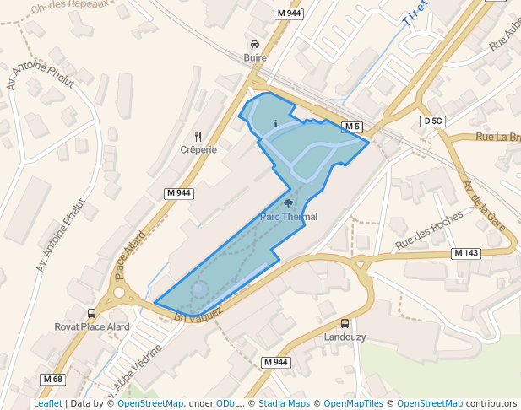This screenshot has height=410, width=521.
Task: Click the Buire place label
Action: point(255,58)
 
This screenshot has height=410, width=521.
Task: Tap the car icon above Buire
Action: point(255,44)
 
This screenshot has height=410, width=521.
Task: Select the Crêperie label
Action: point(198,149)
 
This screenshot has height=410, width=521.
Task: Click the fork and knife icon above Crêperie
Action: point(198,136)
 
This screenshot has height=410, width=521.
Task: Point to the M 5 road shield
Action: point(352,127)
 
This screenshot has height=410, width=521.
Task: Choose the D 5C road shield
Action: point(432,121)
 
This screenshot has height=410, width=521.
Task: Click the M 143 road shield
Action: point(465,253)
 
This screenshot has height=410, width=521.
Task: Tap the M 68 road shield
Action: point(52,379)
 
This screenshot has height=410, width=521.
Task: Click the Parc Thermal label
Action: point(289,217)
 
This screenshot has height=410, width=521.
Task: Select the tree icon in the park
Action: point(289,202)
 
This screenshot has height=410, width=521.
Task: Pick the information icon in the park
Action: point(276,124)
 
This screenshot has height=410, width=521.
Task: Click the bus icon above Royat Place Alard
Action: point(91,313)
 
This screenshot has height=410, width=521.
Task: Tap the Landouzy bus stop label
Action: point(345,337)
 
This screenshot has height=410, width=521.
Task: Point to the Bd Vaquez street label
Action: point(198,314)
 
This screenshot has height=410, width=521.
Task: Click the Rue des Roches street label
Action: point(429,230)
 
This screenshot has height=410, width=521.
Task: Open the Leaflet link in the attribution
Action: point(47,403)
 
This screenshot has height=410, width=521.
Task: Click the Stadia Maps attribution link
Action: point(283,403)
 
